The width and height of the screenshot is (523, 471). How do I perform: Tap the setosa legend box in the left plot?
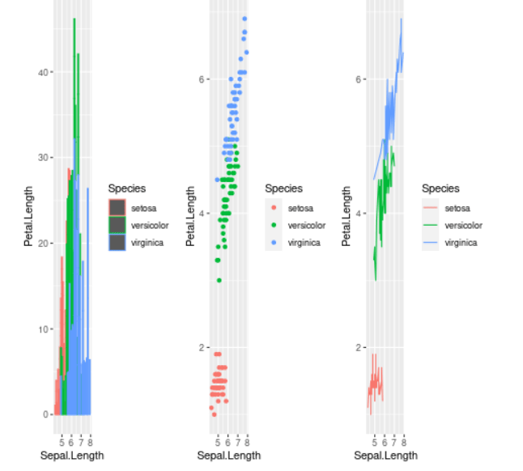(117, 207)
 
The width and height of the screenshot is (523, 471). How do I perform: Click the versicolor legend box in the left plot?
(117, 224)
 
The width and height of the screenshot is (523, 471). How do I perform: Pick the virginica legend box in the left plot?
(117, 242)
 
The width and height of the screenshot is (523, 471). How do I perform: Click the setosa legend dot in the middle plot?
(274, 208)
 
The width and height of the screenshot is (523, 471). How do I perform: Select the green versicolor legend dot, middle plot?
(274, 225)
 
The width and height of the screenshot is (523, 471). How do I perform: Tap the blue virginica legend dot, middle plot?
(274, 242)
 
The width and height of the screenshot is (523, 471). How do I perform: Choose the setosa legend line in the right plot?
(430, 208)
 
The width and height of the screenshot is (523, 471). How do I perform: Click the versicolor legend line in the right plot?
(430, 225)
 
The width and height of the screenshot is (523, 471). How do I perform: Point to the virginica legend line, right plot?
(430, 242)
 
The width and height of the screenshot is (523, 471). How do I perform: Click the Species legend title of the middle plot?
(283, 189)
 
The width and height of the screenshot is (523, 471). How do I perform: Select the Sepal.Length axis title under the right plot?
(385, 456)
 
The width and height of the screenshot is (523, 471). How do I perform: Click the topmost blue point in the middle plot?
(244, 19)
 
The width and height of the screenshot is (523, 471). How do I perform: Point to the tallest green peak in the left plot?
(74, 19)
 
